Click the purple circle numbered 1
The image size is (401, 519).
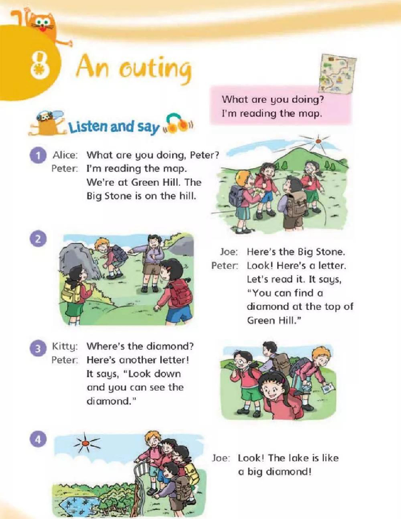coord(38,155)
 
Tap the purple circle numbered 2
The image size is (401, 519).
coord(38,239)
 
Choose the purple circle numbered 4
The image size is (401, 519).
coord(38,440)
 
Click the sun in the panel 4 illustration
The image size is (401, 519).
coord(86,443)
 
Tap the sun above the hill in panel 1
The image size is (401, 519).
coord(318,141)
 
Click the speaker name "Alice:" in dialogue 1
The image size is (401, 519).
coord(66,155)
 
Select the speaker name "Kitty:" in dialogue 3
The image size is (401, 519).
coord(65,347)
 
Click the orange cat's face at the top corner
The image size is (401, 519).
coord(43,23)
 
